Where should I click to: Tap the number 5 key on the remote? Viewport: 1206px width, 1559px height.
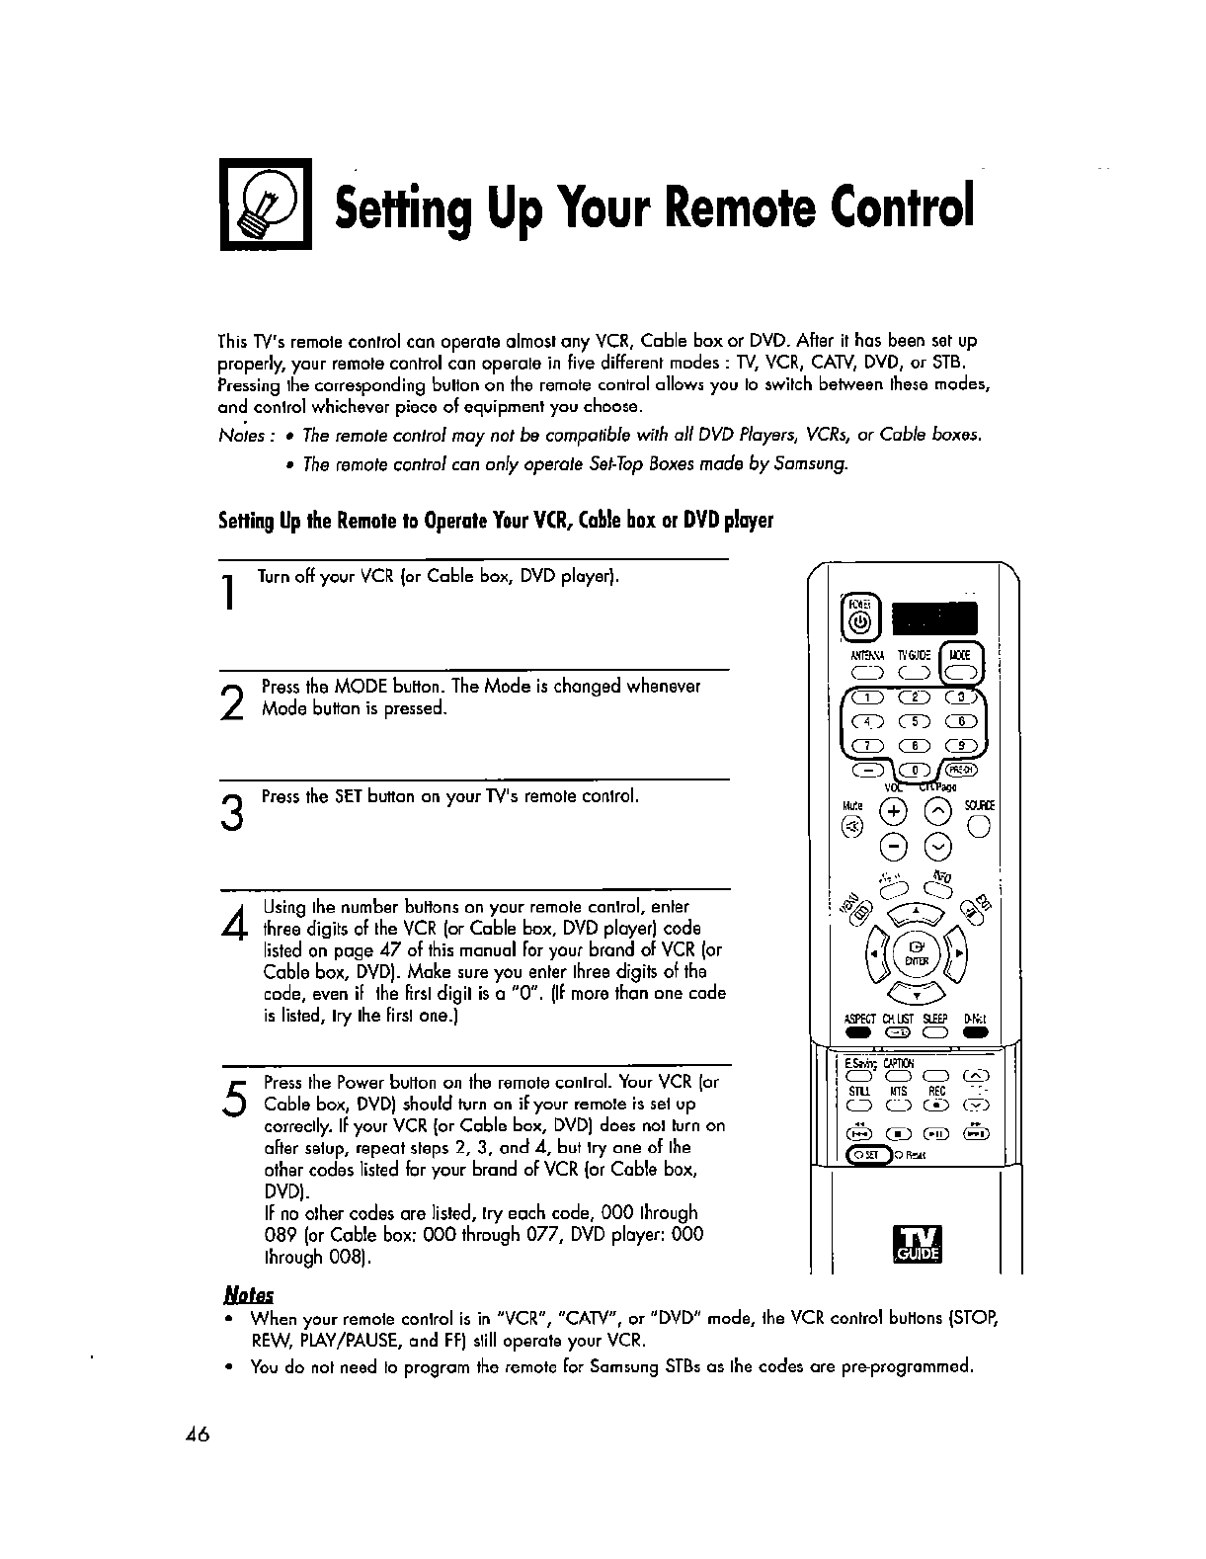pos(914,723)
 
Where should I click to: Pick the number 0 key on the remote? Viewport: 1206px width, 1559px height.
pos(915,771)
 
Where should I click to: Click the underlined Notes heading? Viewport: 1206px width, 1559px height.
pos(249,1295)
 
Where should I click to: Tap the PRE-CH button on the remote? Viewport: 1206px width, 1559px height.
pos(960,771)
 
